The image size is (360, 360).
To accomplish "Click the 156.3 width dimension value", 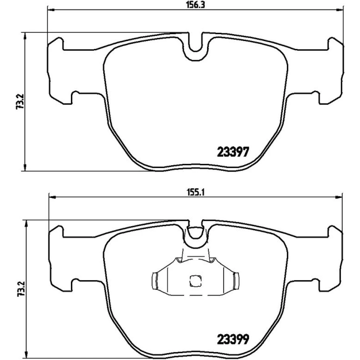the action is tap(195, 5).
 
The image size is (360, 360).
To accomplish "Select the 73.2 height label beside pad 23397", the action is tap(20, 102).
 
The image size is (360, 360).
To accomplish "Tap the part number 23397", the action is tap(233, 152).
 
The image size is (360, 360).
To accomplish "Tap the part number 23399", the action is tap(233, 339).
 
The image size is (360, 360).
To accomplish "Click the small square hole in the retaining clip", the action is tap(195, 281).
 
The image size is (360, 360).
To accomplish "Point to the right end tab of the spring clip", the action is tap(236, 280).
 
